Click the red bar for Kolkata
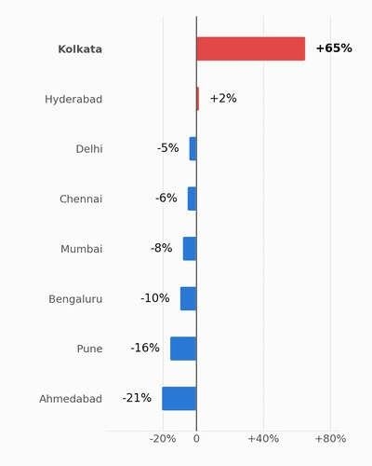pos(251,48)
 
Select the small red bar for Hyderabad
pos(198,99)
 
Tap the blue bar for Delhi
pos(193,149)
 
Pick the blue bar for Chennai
pos(193,199)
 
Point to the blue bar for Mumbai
pos(190,249)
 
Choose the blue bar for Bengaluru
pos(189,298)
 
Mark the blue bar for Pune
pos(183,349)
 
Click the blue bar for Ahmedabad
pos(179,399)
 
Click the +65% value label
pos(334,48)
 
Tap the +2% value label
pos(223,98)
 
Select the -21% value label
pos(137,398)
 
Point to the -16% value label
pos(145,348)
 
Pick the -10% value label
pos(155,298)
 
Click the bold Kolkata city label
pos(80,49)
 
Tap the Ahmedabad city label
pos(71,399)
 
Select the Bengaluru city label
pos(75,299)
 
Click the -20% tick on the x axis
pos(163,439)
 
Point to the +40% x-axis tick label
pos(263,439)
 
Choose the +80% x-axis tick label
pos(330,439)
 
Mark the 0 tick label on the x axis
pos(196,439)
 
